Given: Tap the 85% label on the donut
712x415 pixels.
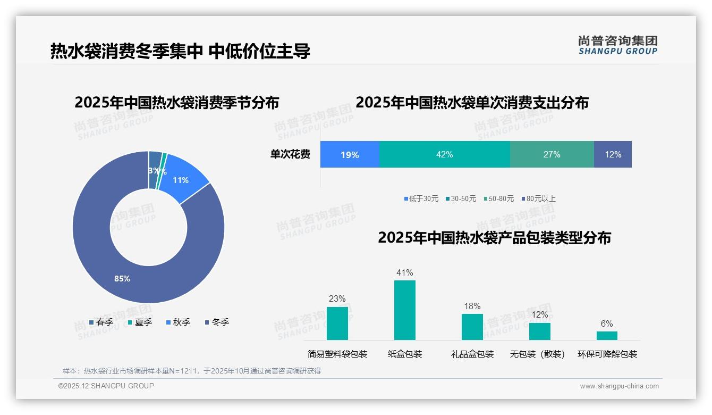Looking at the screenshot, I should [122, 279].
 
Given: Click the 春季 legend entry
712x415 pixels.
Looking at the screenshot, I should [101, 322].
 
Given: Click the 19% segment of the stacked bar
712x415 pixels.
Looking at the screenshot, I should [350, 155].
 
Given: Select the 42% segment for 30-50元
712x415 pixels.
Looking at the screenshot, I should [444, 155].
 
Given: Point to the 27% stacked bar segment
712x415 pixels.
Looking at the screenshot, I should [552, 155].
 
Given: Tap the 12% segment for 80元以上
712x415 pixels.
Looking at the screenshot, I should [613, 155].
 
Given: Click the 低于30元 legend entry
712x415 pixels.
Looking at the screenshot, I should [421, 198].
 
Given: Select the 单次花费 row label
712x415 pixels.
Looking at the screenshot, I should [290, 155].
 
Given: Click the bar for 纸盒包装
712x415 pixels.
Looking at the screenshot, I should [404, 310].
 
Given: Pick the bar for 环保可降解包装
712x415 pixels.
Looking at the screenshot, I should [607, 335].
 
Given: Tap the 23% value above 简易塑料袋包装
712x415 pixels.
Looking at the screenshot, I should [337, 299].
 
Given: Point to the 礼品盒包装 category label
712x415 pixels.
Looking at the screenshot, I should [472, 354].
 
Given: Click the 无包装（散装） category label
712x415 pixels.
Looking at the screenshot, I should [537, 354].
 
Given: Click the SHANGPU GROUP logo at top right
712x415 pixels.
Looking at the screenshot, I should [617, 45].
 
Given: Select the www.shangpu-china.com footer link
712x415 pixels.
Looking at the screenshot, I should [619, 386].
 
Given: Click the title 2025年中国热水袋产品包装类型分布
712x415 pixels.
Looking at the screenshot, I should [494, 238].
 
